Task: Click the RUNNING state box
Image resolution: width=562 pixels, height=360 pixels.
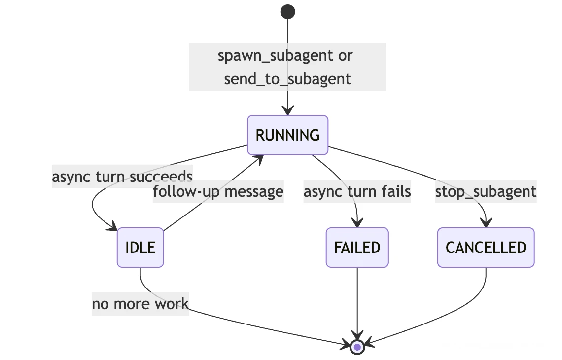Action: [x=287, y=135]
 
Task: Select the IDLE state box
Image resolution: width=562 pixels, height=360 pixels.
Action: [x=140, y=248]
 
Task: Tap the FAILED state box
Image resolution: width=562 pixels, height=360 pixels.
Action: [x=357, y=248]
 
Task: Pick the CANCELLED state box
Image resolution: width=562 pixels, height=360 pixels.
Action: [x=486, y=248]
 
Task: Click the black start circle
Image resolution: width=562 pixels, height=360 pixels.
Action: [x=287, y=12]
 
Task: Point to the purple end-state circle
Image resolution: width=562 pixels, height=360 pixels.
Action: [x=357, y=347]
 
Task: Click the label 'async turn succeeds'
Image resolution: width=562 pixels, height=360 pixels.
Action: [x=122, y=177]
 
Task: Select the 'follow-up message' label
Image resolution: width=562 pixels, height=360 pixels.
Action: [x=218, y=191]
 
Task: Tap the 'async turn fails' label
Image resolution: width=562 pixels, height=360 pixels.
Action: [x=357, y=191]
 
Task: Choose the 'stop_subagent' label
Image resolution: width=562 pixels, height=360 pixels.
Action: [x=486, y=191]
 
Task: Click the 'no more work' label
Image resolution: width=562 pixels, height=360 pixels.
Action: [x=140, y=304]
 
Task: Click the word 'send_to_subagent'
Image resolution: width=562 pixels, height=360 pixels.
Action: [x=287, y=79]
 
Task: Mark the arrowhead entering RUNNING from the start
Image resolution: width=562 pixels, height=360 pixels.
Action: [x=287, y=110]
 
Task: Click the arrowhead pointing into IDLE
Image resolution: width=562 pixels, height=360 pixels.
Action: [x=112, y=226]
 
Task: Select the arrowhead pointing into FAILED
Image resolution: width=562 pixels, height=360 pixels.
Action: [x=357, y=223]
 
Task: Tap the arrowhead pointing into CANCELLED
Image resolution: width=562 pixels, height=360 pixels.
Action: [x=486, y=223]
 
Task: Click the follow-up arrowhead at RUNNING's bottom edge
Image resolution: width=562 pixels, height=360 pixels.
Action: [x=259, y=160]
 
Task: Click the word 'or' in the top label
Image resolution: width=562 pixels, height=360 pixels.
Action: [x=345, y=56]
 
